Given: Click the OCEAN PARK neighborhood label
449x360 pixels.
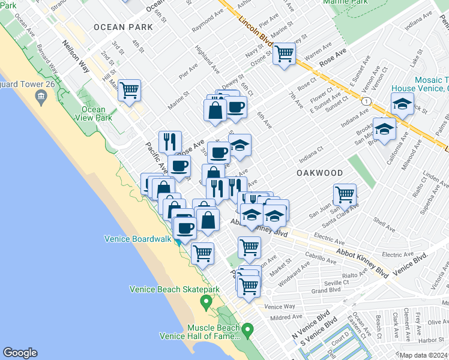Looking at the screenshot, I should tap(123, 28).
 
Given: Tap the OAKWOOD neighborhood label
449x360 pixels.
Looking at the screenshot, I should tap(319, 173).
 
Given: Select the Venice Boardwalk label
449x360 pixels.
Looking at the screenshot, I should tap(138, 238).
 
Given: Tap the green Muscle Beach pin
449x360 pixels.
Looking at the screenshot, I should tap(247, 329).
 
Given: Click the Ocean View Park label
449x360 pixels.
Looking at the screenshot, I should tap(93, 114).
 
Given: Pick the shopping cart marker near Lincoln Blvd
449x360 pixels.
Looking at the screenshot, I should tap(284, 55).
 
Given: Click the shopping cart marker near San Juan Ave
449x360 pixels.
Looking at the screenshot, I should tap(345, 194).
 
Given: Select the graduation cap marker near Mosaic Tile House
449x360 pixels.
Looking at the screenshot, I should tap(402, 104).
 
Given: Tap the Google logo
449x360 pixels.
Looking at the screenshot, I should tap(20, 353).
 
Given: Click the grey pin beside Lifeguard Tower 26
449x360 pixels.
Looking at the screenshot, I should tap(41, 97).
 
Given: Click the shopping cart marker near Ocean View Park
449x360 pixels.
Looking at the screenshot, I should tap(129, 91).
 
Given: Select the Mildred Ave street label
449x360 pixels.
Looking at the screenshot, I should tap(286, 317).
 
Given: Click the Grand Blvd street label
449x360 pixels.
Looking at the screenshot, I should tap(327, 290).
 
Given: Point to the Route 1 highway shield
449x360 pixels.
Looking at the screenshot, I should tap(366, 101).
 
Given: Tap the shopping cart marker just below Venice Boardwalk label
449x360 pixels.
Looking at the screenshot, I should tap(203, 253).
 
